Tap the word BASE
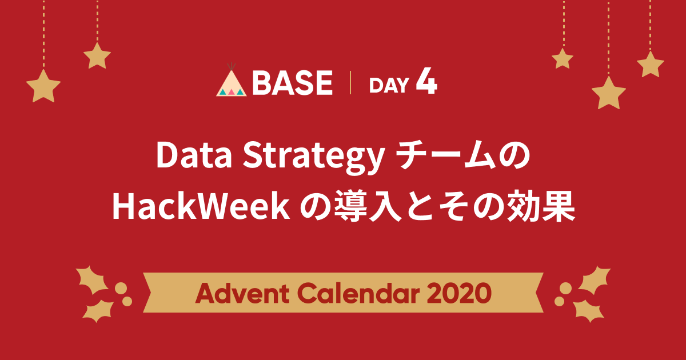293,83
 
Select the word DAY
389,85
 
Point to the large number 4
426,81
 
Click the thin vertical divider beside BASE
350,82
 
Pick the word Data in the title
194,155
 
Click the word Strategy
313,158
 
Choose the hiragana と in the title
420,206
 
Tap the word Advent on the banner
242,293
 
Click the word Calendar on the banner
358,293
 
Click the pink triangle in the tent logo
231,92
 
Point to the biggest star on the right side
608,93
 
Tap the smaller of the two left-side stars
97,56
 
